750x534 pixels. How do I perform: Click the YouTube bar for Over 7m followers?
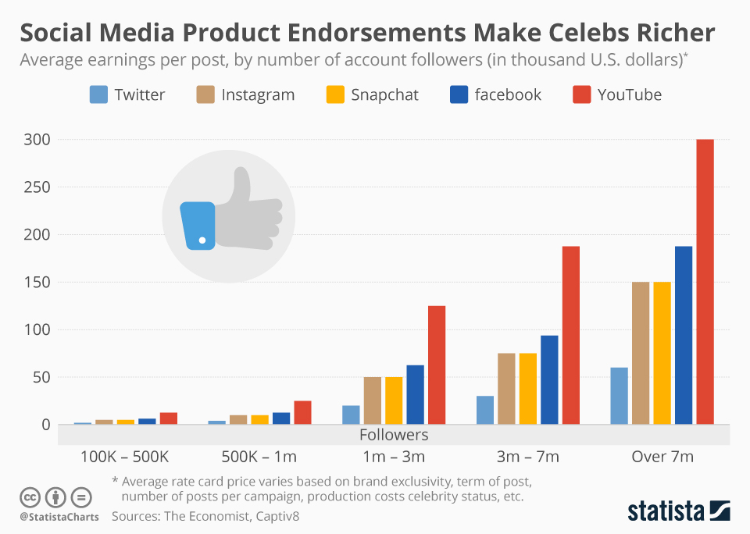tap(705, 282)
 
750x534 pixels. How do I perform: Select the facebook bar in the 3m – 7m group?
tap(549, 380)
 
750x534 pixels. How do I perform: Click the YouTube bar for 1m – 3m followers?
tap(437, 365)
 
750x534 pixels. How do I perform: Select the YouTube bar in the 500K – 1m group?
tap(302, 413)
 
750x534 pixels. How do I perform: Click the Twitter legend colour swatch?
tap(98, 95)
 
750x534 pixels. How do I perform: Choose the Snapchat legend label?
tap(384, 95)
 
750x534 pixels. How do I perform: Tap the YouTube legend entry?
tap(629, 95)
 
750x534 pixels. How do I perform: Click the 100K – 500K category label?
tap(125, 457)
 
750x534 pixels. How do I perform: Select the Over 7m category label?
tap(662, 457)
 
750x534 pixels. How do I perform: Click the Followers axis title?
tap(394, 435)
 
